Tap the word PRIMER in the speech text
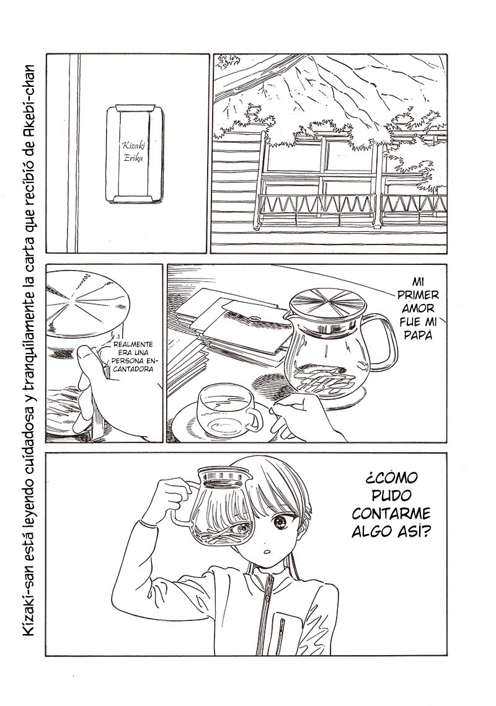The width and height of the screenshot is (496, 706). (419, 295)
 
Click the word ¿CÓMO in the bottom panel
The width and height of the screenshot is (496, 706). (391, 477)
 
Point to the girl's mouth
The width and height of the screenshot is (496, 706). (267, 551)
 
